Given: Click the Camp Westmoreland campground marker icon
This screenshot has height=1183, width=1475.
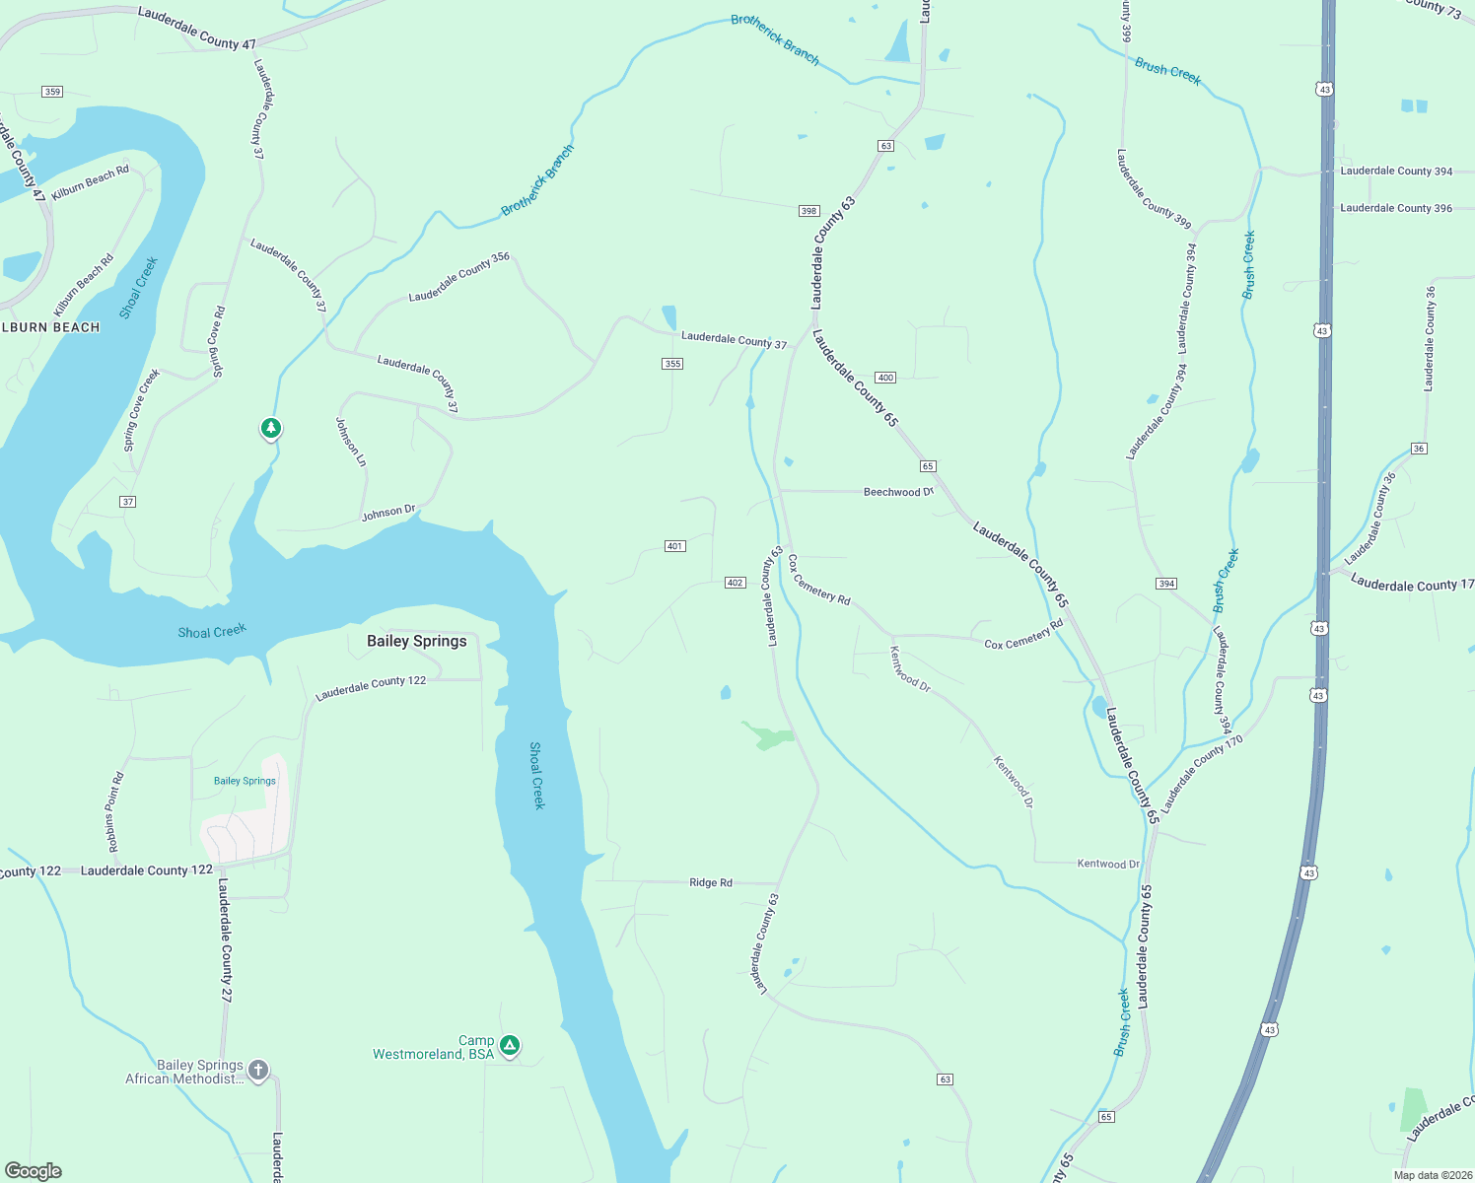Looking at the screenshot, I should coord(510,1045).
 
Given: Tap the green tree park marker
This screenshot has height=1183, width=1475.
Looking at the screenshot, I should coord(271,428).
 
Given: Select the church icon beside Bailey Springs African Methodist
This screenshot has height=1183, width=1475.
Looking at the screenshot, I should coord(258,1070).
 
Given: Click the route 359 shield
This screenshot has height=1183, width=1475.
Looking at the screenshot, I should coord(52,92).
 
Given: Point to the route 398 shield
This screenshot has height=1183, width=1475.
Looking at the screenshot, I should coord(808,211).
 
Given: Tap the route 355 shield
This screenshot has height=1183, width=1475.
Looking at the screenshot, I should coord(672,364).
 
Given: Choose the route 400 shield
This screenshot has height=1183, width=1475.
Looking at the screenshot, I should coord(885,378).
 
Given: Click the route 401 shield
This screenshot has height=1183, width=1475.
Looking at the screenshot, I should coord(674,546).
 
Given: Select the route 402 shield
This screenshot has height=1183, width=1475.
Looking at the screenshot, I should coord(735,583).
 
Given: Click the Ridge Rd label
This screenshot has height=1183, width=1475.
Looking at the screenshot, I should coord(710,882).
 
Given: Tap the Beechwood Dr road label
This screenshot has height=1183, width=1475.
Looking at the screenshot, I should coord(898,492).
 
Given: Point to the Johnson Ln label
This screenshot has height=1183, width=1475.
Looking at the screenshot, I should coord(350,442).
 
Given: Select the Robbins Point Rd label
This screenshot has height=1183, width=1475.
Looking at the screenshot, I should coord(114,811).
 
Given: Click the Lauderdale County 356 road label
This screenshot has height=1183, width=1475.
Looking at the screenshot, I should coord(458,277).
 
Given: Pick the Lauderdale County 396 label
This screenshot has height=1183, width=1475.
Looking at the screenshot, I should coord(1395,208).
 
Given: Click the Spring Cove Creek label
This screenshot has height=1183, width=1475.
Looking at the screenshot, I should coord(141,410).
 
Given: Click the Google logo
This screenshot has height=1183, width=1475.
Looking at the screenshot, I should coord(34,1171).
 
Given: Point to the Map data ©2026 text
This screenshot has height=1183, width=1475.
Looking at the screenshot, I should coord(1432,1175).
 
